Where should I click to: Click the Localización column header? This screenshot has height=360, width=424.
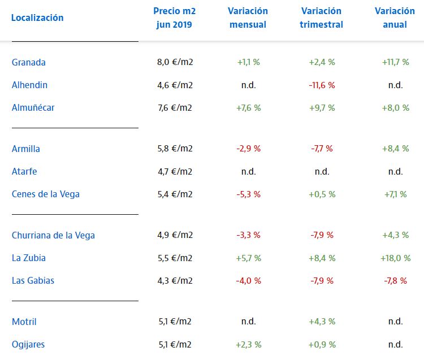[37, 18]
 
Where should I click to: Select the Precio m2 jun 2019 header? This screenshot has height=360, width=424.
[175, 18]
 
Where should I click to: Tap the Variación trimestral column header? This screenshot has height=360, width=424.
[322, 18]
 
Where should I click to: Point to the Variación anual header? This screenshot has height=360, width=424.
[395, 18]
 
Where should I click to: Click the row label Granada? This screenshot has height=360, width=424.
[29, 62]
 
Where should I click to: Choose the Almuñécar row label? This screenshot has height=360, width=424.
[33, 107]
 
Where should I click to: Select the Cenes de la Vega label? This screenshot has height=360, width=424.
[46, 194]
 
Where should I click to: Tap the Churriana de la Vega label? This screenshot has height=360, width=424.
[53, 235]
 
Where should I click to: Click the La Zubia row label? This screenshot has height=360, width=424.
[29, 258]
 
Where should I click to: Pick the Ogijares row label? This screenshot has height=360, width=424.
[28, 344]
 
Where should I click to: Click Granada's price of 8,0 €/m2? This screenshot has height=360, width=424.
[175, 62]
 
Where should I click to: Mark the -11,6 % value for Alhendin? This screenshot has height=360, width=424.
[322, 85]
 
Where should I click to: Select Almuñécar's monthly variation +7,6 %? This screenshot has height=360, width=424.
[248, 107]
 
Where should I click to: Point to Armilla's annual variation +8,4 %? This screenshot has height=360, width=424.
[395, 149]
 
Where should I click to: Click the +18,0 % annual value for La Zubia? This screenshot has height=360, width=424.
[395, 258]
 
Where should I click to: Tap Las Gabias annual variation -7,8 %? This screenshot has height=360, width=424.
[395, 280]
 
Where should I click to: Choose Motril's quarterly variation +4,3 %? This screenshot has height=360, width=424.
[322, 322]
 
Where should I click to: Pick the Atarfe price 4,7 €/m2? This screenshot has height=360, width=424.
[175, 171]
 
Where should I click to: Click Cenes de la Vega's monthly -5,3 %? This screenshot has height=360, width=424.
[248, 194]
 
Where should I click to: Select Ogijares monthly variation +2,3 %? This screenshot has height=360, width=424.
[248, 344]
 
